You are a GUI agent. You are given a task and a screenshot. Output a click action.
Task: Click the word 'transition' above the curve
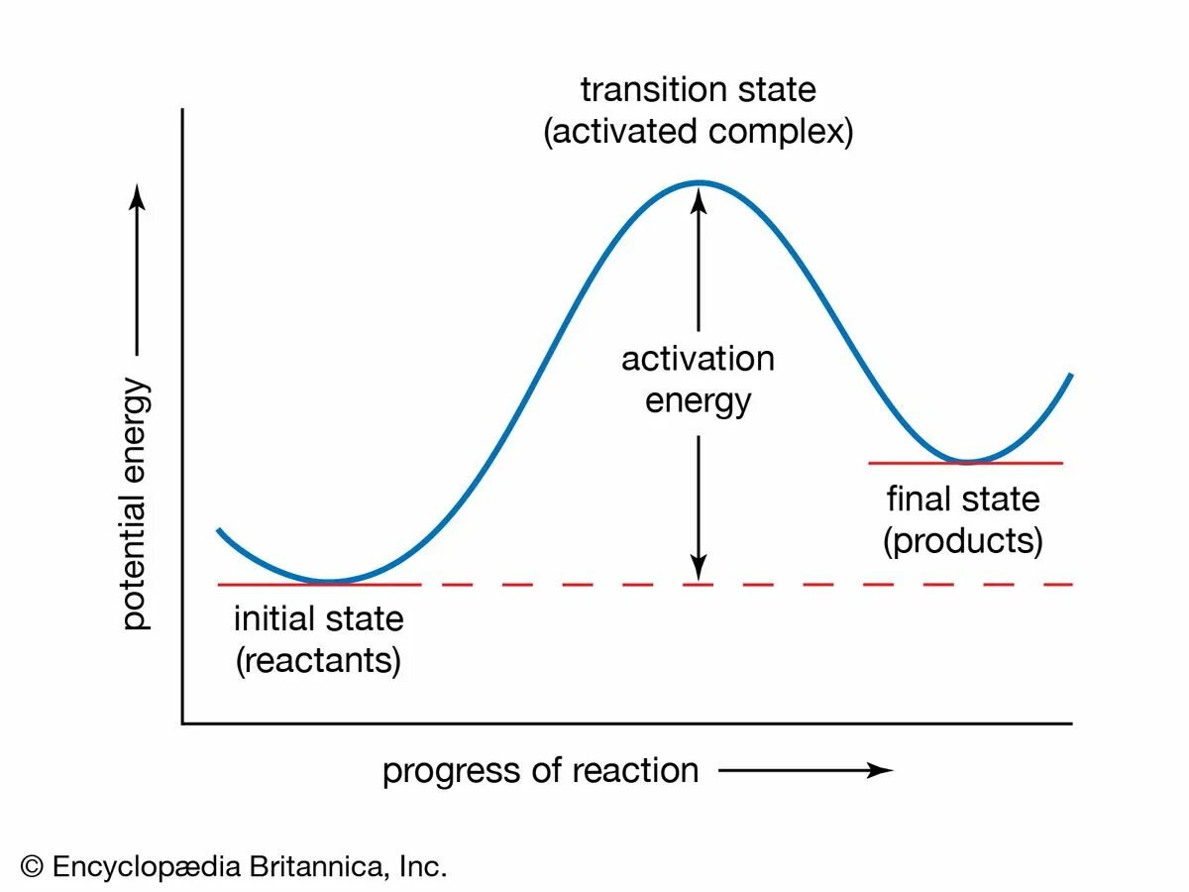(x=650, y=90)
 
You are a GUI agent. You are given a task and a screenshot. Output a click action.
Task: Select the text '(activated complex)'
(x=698, y=132)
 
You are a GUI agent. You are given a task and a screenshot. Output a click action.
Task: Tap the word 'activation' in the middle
(x=698, y=359)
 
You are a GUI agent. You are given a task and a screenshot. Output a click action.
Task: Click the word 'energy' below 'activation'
(x=698, y=401)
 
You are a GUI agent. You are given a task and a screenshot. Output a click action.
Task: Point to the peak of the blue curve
(x=698, y=183)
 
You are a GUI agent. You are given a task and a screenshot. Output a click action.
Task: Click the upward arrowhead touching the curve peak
(x=698, y=198)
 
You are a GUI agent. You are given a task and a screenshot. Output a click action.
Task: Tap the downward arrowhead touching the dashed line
(x=698, y=571)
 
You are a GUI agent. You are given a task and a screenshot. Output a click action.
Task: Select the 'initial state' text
(x=318, y=619)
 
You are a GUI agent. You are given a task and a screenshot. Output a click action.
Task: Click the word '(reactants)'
(x=318, y=661)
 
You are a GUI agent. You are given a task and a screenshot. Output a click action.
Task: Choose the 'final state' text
(x=963, y=499)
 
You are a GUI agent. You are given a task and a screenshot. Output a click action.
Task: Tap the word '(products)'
(x=963, y=541)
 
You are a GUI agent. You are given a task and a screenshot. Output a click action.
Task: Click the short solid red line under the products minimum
(x=965, y=463)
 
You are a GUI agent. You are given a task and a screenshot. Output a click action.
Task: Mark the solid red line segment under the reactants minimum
(x=319, y=585)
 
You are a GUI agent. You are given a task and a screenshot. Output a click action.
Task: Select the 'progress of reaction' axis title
(x=540, y=770)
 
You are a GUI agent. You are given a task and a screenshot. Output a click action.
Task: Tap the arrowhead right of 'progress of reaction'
(x=881, y=770)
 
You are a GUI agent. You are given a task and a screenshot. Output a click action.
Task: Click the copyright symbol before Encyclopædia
(x=32, y=866)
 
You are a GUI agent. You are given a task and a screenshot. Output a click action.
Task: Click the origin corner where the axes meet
(x=183, y=724)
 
